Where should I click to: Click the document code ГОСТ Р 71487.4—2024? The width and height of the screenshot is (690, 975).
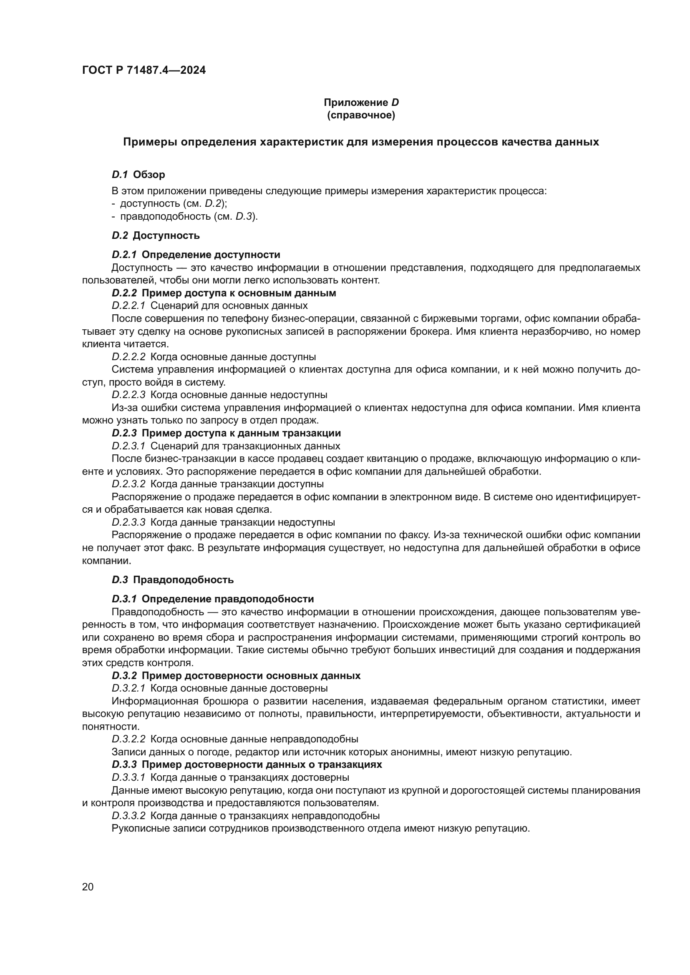click(x=144, y=70)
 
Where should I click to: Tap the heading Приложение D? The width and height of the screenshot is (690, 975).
click(x=361, y=103)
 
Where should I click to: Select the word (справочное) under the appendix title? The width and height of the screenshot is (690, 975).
click(x=361, y=115)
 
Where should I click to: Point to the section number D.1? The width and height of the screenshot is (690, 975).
click(x=120, y=175)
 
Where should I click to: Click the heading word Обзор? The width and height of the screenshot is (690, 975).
click(x=149, y=175)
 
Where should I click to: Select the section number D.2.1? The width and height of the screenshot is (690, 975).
click(x=124, y=255)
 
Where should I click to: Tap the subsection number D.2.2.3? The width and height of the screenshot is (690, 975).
click(x=128, y=394)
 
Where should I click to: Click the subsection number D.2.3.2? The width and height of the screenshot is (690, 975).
click(x=128, y=484)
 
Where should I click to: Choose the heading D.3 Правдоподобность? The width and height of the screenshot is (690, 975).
click(x=173, y=580)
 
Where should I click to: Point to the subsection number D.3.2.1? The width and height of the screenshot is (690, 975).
click(x=128, y=688)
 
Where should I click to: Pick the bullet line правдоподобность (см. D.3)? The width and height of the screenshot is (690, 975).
click(x=185, y=216)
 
